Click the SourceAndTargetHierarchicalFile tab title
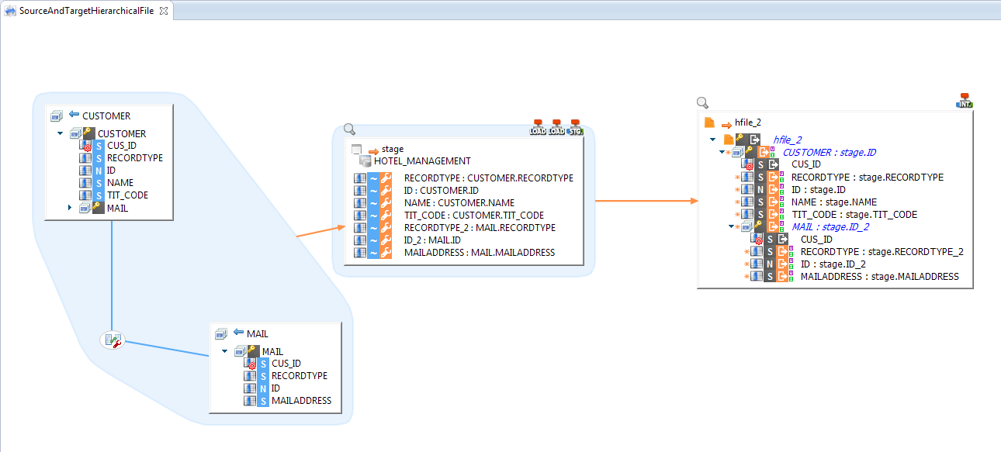(x=86, y=10)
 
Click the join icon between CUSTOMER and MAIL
(x=113, y=340)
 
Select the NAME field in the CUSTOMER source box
(x=120, y=182)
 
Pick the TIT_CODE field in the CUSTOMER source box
(x=127, y=195)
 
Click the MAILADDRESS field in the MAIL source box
(x=301, y=401)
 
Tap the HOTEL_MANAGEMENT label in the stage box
(x=422, y=161)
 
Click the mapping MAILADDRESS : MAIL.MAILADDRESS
(x=480, y=253)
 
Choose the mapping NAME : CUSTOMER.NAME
(x=459, y=203)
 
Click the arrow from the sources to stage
(x=319, y=230)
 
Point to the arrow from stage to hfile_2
(x=647, y=201)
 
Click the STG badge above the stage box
(x=575, y=127)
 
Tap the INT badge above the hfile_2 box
(x=965, y=100)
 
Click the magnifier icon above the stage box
(x=349, y=129)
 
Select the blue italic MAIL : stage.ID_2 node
(x=830, y=226)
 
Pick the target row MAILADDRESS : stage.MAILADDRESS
(x=879, y=276)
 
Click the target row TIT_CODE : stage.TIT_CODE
(x=854, y=214)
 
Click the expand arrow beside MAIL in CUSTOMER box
(x=70, y=207)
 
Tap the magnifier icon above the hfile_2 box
(x=702, y=102)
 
